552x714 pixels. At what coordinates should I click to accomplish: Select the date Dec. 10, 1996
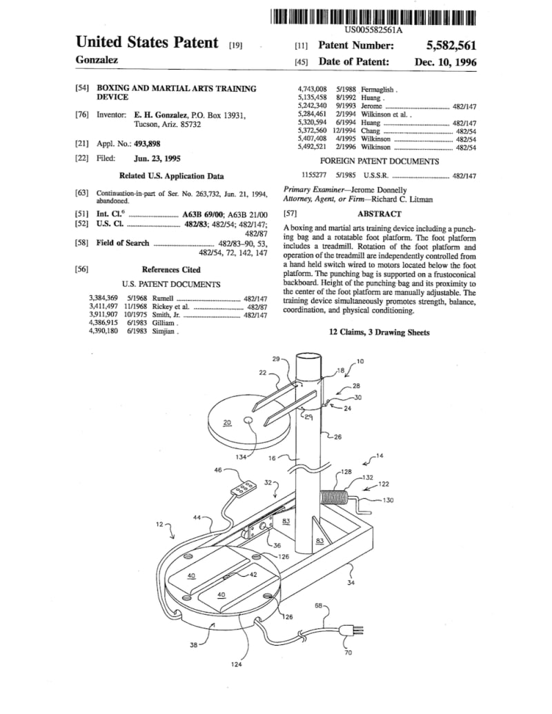click(445, 62)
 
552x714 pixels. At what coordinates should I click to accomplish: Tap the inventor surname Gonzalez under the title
click(96, 60)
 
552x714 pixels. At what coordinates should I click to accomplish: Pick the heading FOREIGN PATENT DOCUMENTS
click(379, 161)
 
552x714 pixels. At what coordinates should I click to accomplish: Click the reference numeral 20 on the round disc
click(228, 422)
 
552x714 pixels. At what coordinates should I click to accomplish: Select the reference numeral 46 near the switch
click(218, 470)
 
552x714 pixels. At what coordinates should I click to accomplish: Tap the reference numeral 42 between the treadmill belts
click(253, 574)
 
